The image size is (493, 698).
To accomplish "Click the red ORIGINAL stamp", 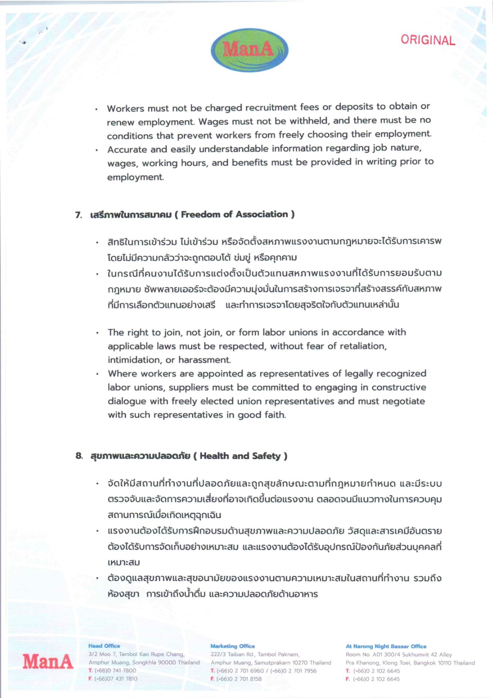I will click(428, 40).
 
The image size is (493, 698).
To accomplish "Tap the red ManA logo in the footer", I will click(48, 661).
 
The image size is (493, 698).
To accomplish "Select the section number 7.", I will click(78, 215).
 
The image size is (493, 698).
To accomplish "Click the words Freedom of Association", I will click(234, 214).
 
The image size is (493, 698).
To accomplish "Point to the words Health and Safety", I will click(240, 456).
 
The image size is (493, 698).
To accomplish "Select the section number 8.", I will click(79, 456).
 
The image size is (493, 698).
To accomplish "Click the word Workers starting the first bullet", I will click(125, 108).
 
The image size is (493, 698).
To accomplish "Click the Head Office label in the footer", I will click(104, 646).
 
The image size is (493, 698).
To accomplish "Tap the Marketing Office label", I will click(232, 646).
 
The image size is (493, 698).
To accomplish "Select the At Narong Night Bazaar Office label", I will click(386, 646).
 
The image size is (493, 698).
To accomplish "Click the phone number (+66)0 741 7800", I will click(115, 671).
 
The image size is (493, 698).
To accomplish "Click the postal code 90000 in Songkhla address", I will click(167, 662).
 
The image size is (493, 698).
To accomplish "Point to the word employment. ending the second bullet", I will click(135, 177).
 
